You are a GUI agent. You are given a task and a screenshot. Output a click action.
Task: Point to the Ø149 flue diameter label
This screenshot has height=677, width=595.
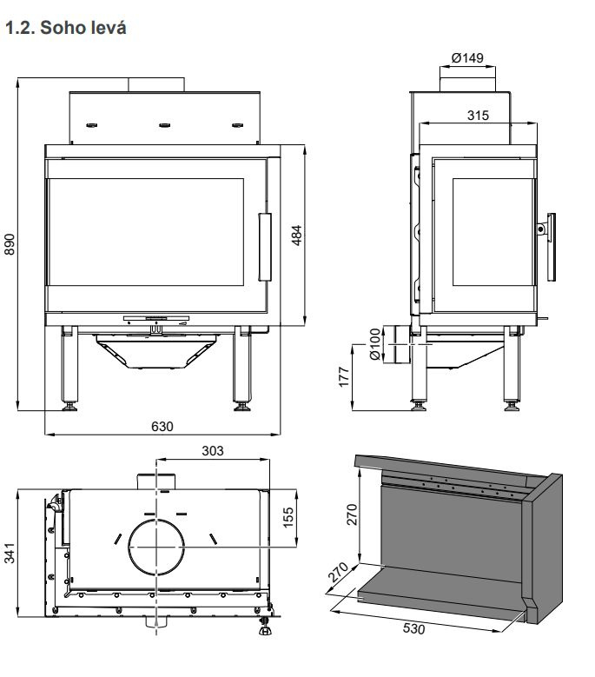tap(467, 58)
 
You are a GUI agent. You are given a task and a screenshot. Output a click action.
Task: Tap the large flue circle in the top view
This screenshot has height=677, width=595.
tap(157, 548)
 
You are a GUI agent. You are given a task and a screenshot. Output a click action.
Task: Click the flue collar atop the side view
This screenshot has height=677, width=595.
tap(467, 82)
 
